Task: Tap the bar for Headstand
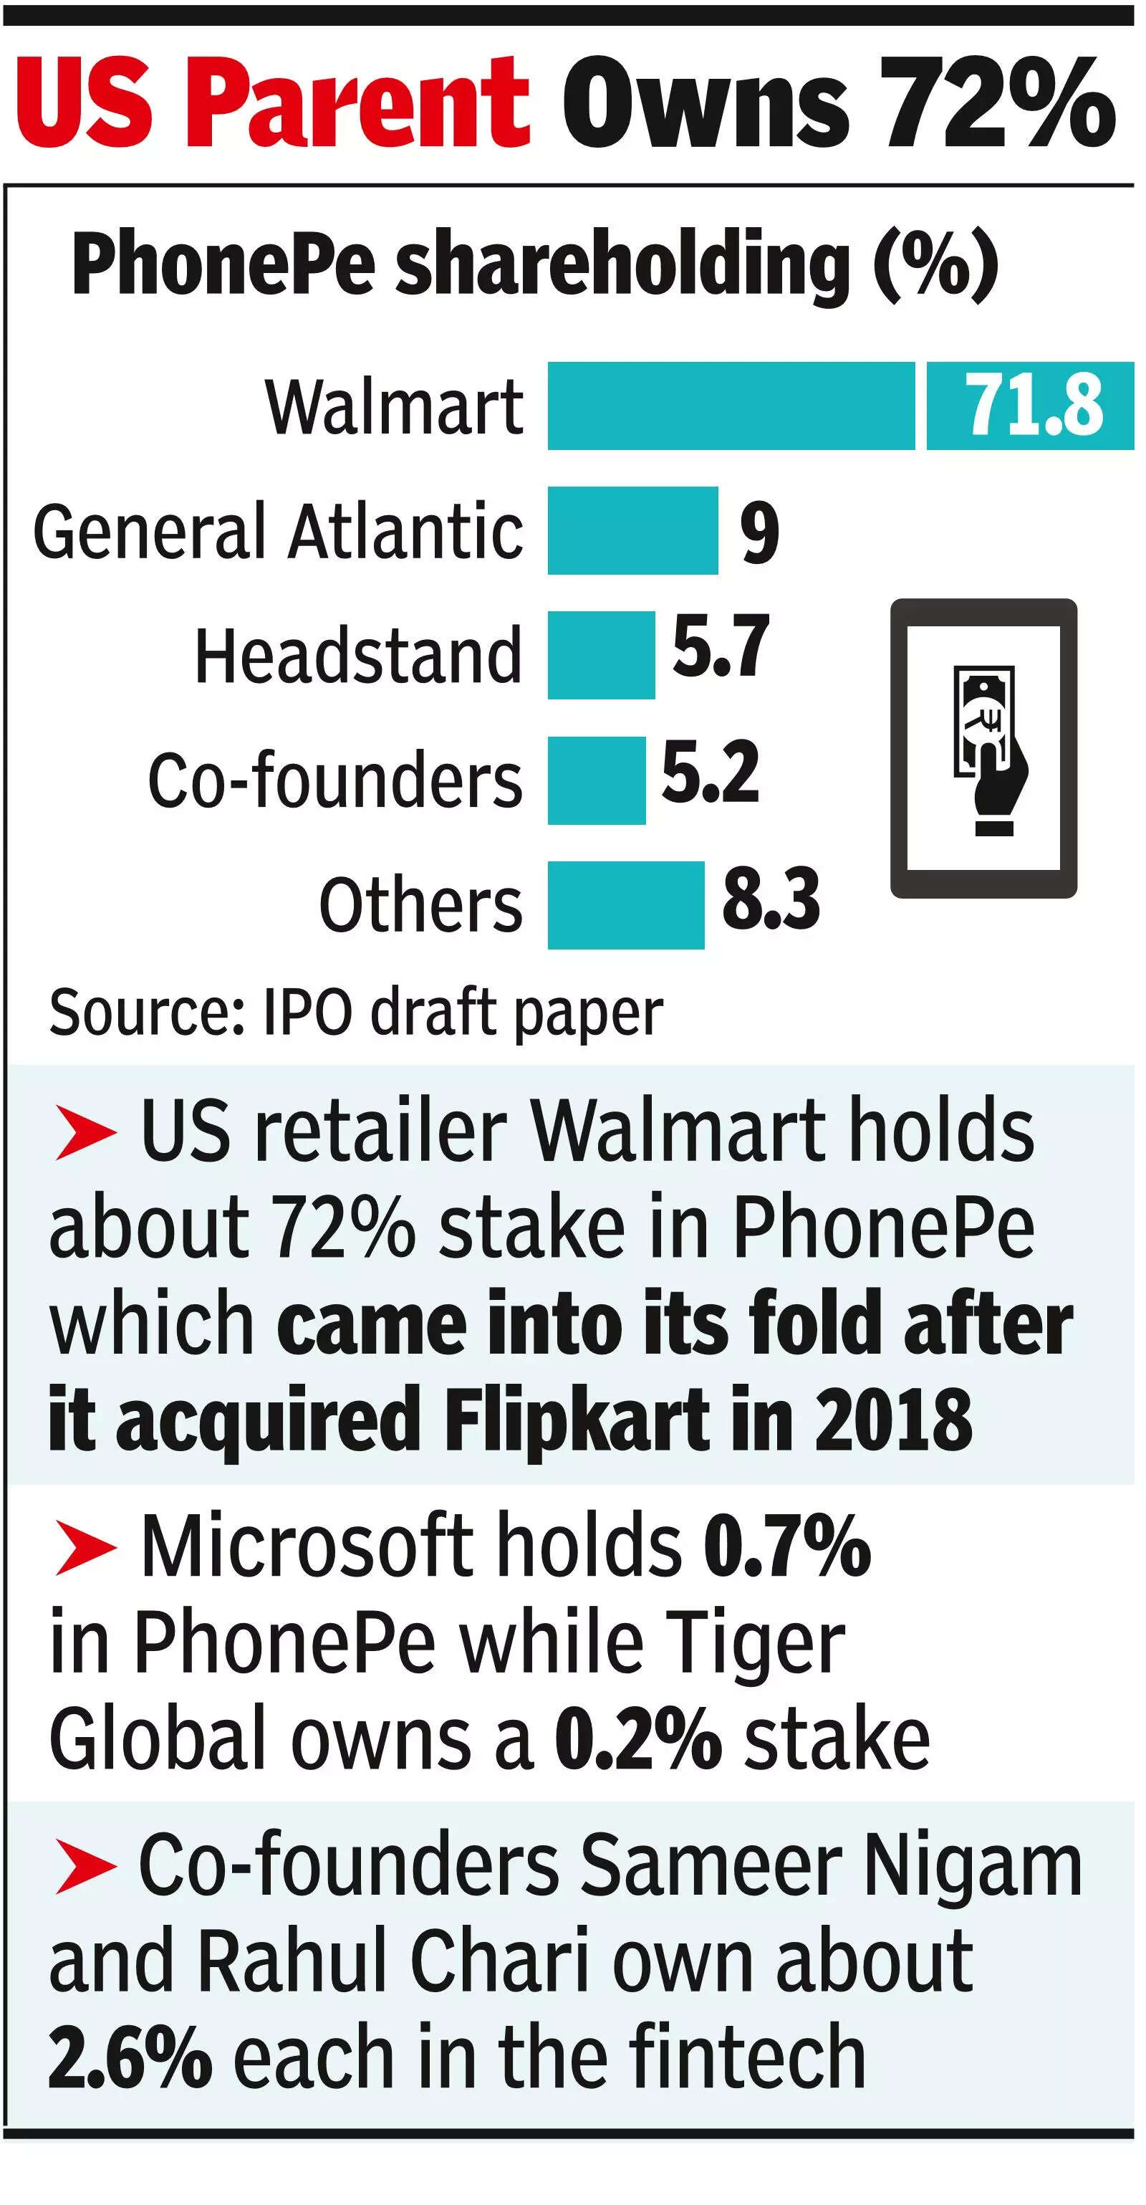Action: coord(601,655)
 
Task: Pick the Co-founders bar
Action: coord(597,780)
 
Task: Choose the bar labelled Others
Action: coord(625,905)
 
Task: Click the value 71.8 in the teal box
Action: coord(1033,406)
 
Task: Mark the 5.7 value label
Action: coord(721,646)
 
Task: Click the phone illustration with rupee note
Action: coord(983,748)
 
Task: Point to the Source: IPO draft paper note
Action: coord(355,1013)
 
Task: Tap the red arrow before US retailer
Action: coord(85,1132)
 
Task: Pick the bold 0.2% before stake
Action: coord(638,1738)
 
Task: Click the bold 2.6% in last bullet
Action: coord(129,2057)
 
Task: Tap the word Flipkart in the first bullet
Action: coord(578,1421)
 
